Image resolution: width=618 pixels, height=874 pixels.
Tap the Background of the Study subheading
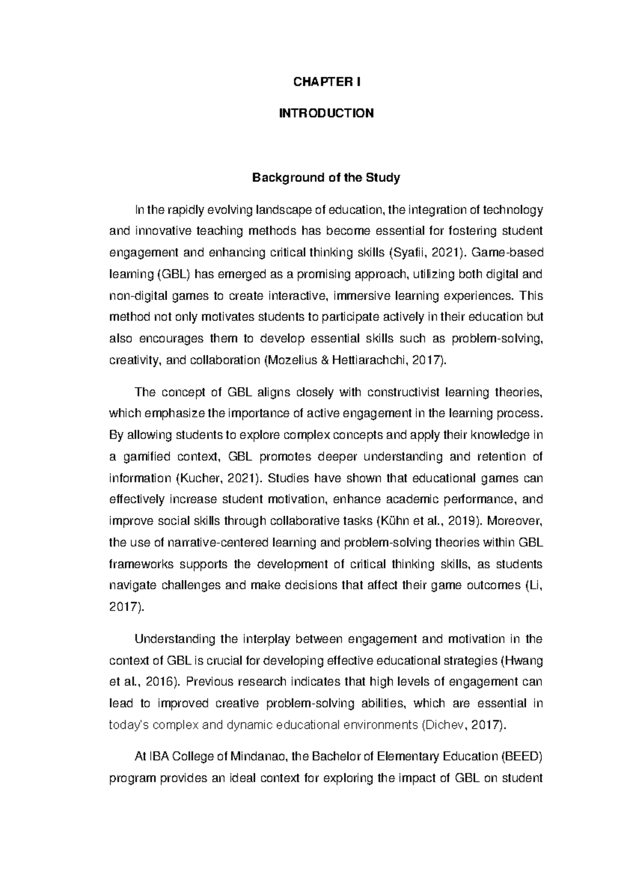coord(325,178)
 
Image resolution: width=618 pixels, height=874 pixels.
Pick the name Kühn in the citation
coord(394,521)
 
